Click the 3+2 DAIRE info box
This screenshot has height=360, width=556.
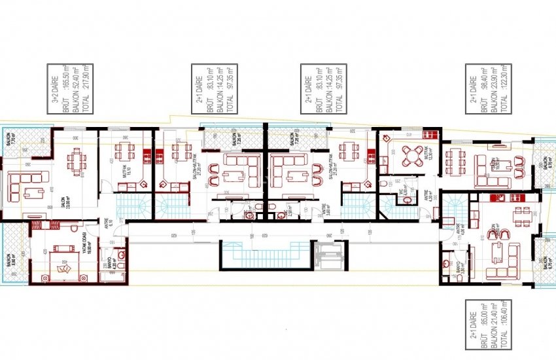71,90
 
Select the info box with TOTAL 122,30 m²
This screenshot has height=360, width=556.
487,90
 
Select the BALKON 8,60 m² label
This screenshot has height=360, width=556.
9,261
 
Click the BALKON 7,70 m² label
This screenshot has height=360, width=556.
9,142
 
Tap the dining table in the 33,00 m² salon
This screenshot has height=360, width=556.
77,159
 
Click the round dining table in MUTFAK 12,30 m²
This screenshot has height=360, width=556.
413,156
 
